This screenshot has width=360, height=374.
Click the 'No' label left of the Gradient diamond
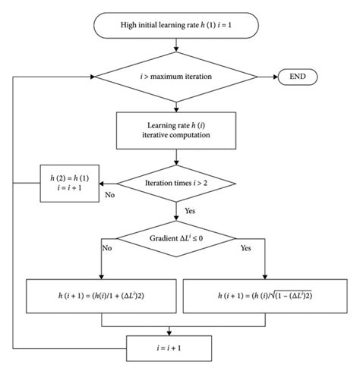point(107,248)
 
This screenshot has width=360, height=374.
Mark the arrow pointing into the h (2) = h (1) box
point(106,183)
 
